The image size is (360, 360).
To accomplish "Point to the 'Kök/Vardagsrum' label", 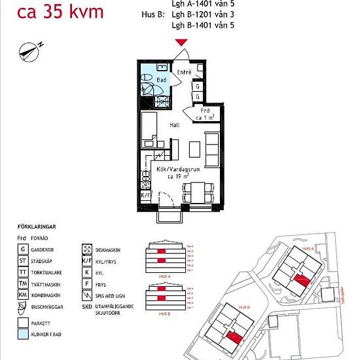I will (x=178, y=169).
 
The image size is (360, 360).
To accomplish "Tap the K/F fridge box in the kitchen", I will (x=146, y=195).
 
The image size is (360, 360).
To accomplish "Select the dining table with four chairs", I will (x=198, y=192).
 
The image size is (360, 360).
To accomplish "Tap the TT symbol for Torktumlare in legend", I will (x=23, y=272).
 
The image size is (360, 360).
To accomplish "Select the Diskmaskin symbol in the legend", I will (x=86, y=249).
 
